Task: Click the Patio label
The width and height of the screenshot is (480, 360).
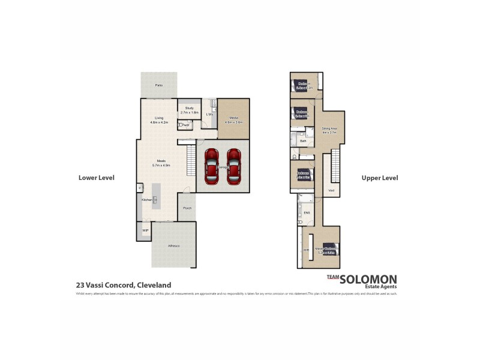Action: pos(159,85)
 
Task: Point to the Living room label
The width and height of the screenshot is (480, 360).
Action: pos(159,118)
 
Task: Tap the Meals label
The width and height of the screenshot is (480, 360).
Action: pos(161,161)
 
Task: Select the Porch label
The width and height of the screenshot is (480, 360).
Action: pos(187,208)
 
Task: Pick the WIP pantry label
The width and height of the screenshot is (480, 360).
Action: pos(145,230)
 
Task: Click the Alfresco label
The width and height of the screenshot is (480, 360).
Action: pos(173,246)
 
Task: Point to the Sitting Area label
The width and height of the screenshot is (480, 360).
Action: pos(329,128)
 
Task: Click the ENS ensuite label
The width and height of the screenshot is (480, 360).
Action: pos(307,212)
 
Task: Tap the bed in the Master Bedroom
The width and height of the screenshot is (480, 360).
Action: pos(331,250)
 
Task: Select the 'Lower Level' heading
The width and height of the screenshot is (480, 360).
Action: pos(96,178)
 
